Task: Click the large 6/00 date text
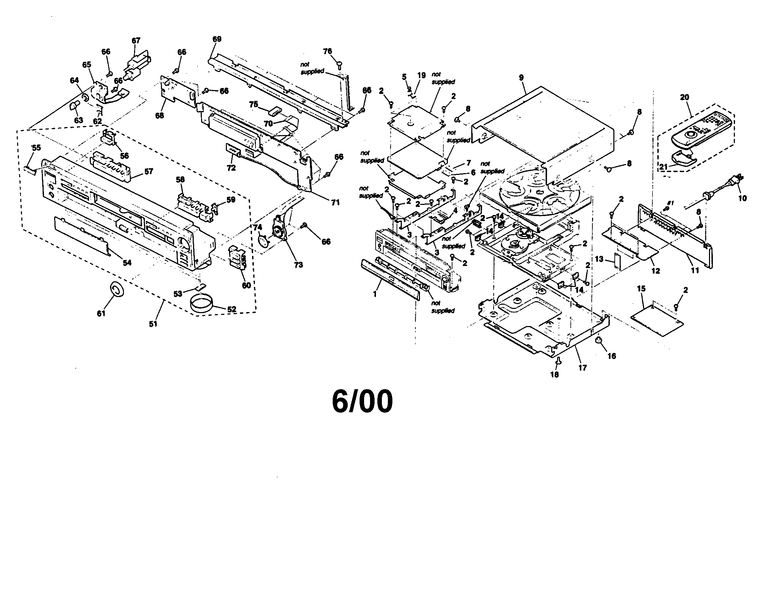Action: (x=363, y=402)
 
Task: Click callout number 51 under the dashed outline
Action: (x=153, y=324)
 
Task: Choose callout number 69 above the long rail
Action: (x=217, y=39)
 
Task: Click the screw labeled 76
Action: (x=339, y=64)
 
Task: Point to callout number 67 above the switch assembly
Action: (x=136, y=40)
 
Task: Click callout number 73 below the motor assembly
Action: (x=298, y=265)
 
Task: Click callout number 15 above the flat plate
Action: (x=641, y=289)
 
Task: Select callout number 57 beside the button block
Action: (x=149, y=171)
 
